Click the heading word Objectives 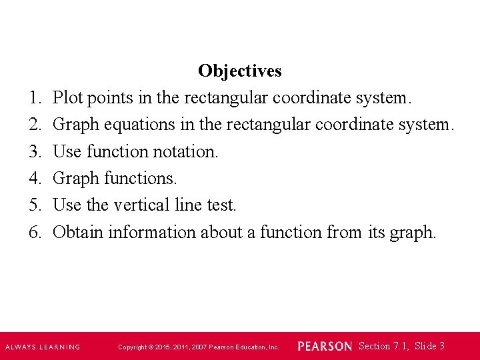(x=239, y=71)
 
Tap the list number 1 (x=35, y=98)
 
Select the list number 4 (x=35, y=179)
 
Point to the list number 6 (x=35, y=232)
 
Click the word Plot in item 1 (x=67, y=98)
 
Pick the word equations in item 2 (x=147, y=125)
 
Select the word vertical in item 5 (x=126, y=205)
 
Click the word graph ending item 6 (x=413, y=232)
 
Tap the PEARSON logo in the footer (x=325, y=347)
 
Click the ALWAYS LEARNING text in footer (x=43, y=347)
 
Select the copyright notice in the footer (x=199, y=347)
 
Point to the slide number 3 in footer (x=442, y=346)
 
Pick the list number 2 (x=35, y=125)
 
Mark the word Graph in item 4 (x=76, y=179)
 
